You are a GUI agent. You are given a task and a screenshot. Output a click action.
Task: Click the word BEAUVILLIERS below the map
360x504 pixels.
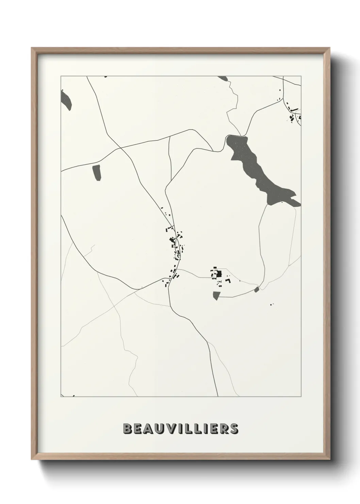pos(180,429)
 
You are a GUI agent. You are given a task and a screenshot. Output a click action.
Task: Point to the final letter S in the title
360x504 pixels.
pos(234,429)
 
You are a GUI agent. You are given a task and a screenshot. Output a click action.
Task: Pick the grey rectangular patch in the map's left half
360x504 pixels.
pos(97,172)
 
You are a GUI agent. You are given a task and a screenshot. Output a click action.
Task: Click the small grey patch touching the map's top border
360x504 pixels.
pos(223,78)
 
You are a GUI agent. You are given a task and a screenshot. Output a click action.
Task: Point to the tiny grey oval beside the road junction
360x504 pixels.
pos(257,289)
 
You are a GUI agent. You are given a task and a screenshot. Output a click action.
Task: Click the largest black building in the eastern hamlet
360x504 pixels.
pos(219,273)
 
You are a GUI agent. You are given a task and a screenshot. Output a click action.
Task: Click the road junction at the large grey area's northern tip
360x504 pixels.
pos(241,135)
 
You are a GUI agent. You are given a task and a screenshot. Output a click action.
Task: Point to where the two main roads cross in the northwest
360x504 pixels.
pos(120,148)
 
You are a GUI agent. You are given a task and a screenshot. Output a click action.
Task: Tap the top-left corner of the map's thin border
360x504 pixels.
pos(61,76)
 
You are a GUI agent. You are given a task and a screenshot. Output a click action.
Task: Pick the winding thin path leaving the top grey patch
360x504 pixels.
pos(232,102)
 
